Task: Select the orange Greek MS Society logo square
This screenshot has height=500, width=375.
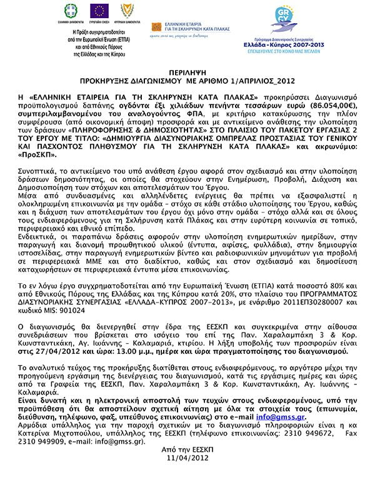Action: [x=156, y=27]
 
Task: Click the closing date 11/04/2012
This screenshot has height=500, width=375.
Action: [x=187, y=458]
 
